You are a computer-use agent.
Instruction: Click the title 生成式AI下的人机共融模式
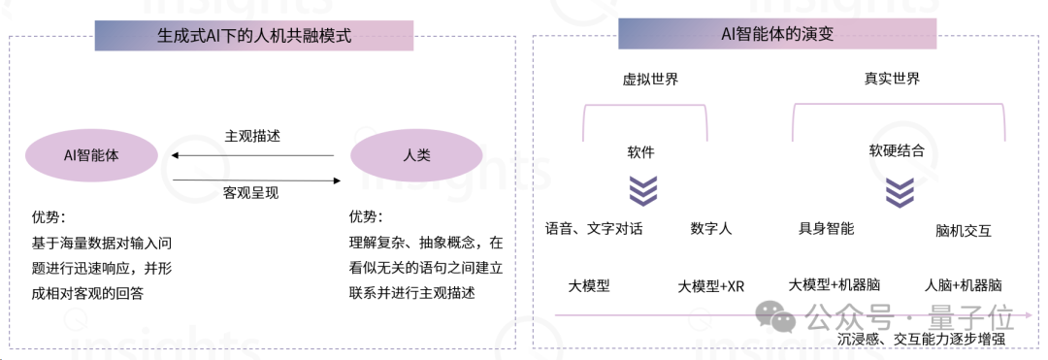(253, 36)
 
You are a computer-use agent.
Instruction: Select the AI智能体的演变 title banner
(777, 34)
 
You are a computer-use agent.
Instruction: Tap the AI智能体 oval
(91, 154)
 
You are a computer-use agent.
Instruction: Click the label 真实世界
(892, 79)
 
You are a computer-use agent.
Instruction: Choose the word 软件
(640, 152)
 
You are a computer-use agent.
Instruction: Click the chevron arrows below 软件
(642, 190)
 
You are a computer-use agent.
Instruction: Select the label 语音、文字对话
(594, 229)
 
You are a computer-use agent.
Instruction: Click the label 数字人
(711, 229)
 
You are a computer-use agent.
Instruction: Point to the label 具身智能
(826, 229)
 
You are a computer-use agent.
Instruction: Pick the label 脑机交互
(964, 231)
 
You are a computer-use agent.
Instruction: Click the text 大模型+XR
(711, 286)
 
